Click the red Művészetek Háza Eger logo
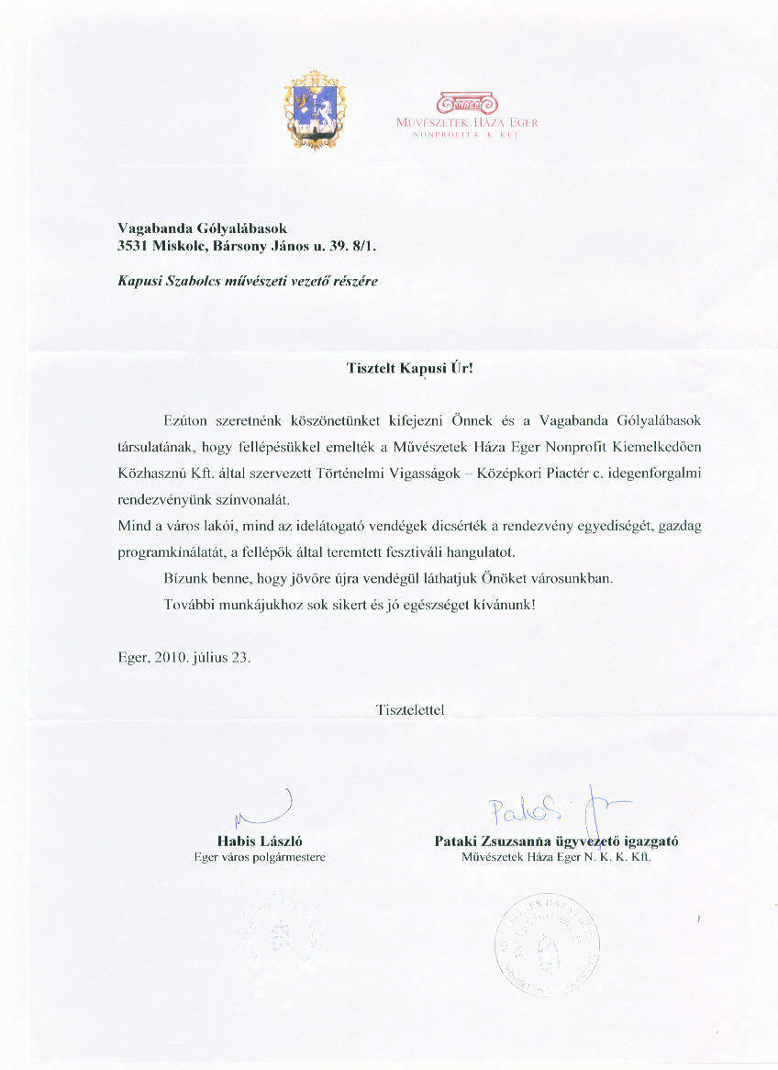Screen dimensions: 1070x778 click(x=468, y=114)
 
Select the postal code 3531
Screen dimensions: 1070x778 click(x=135, y=245)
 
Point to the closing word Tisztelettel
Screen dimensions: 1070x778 click(x=410, y=708)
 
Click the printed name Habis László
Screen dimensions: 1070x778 click(x=260, y=841)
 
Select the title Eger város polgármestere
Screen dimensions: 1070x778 click(x=260, y=857)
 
